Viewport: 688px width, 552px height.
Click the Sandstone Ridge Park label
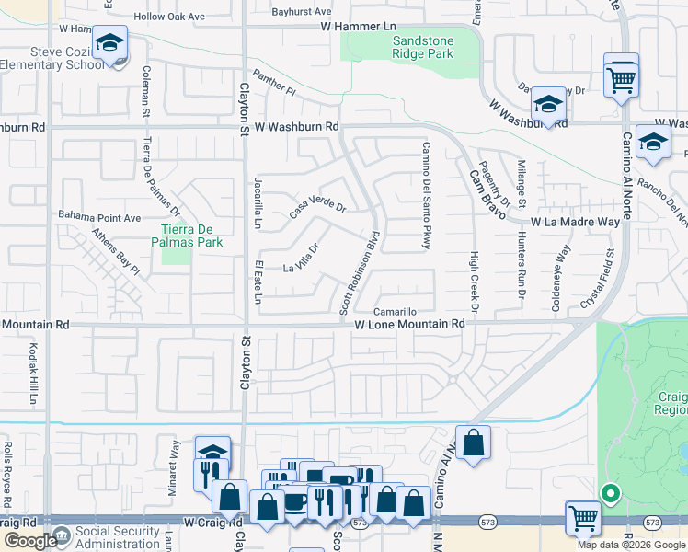[x=423, y=48]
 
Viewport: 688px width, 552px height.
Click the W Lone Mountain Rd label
[x=409, y=325]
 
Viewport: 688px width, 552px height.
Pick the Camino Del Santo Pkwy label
[x=427, y=195]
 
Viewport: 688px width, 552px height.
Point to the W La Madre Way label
[x=575, y=222]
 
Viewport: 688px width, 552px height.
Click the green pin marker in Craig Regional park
[x=610, y=494]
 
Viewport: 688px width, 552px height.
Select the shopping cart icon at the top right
[x=622, y=76]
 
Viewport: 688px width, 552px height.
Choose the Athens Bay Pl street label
[x=114, y=252]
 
